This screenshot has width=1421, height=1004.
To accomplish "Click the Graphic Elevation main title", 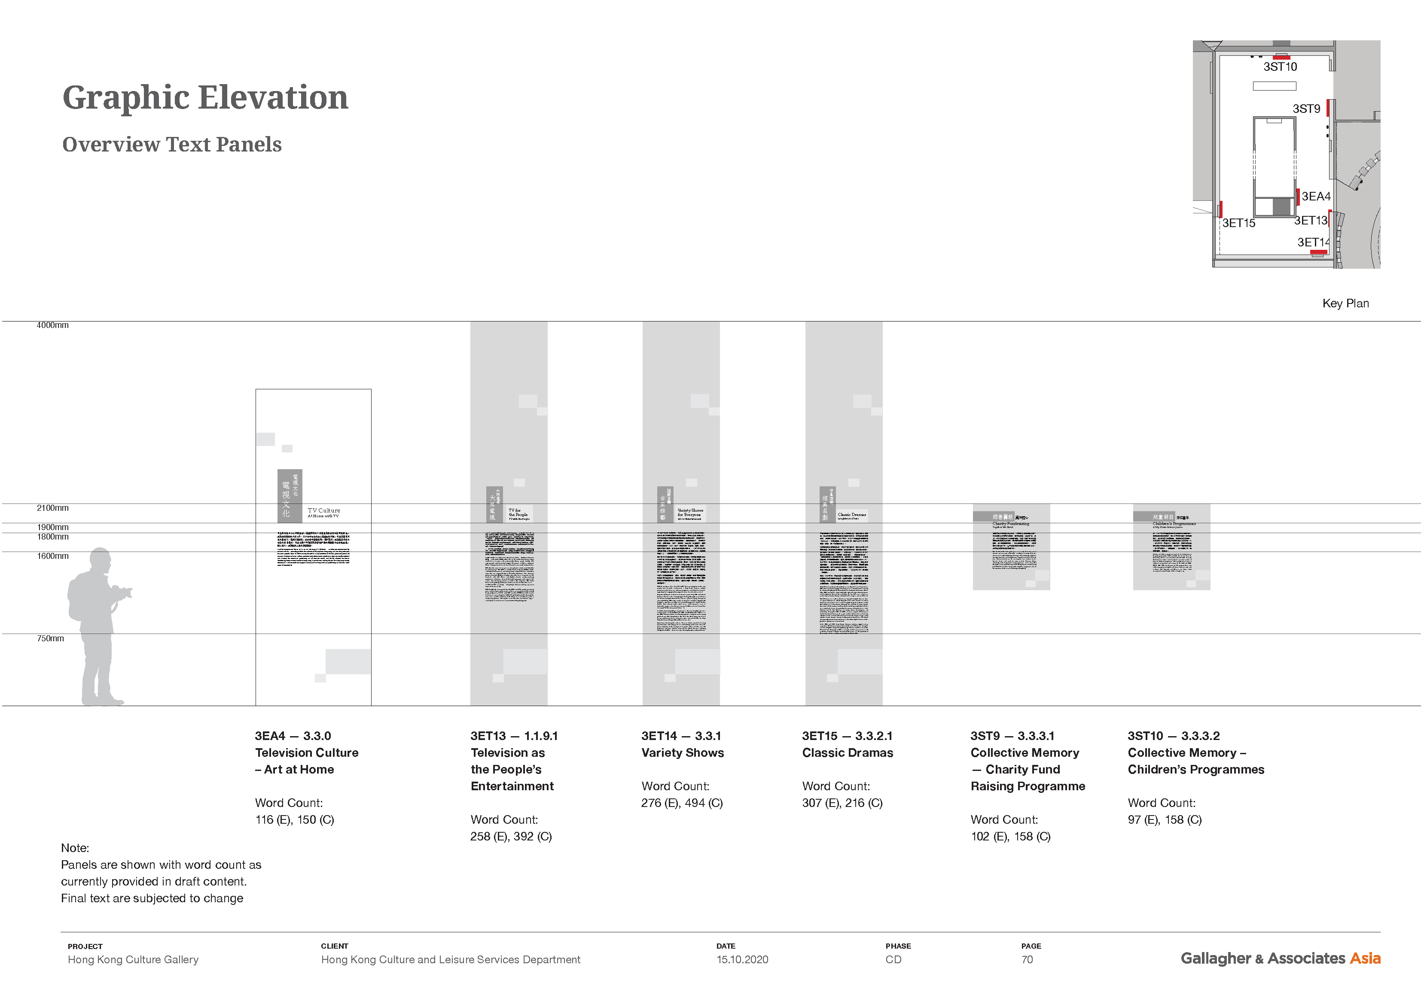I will click(x=205, y=98).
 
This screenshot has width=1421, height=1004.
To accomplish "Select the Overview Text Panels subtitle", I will click(x=172, y=145).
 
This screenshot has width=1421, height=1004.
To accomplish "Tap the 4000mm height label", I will click(x=52, y=325).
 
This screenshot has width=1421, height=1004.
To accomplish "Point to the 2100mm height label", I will click(x=52, y=508).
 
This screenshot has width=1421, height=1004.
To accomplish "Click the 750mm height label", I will click(x=50, y=638).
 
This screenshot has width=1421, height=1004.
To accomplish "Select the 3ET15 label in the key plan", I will click(x=1238, y=223).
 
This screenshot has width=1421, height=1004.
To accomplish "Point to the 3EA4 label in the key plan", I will click(x=1316, y=197).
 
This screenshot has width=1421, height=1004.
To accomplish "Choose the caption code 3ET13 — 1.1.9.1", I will click(x=514, y=736).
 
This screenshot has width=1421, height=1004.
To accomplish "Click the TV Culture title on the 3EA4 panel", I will click(x=324, y=511).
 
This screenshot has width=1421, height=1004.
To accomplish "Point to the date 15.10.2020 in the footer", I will click(x=742, y=959).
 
